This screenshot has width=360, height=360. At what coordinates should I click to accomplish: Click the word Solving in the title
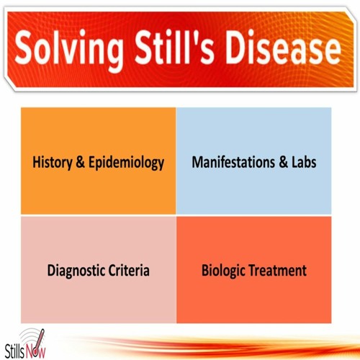(69, 50)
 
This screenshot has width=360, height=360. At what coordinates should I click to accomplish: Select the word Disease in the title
(283, 47)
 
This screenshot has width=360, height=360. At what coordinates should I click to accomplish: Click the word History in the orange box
(53, 163)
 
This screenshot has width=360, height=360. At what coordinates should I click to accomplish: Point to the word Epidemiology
(127, 163)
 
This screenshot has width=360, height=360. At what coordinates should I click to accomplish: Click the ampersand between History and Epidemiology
(81, 162)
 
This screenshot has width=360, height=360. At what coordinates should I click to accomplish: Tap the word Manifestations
(233, 162)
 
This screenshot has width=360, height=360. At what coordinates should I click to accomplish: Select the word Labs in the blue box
(304, 162)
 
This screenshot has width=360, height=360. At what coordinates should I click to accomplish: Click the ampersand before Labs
(283, 162)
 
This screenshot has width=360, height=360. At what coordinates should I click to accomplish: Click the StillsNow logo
(25, 343)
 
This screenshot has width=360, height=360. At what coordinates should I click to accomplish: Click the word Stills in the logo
(14, 351)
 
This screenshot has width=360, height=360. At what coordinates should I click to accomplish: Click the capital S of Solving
(24, 47)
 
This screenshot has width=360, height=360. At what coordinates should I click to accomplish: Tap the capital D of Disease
(237, 48)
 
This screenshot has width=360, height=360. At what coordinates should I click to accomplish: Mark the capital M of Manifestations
(198, 162)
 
